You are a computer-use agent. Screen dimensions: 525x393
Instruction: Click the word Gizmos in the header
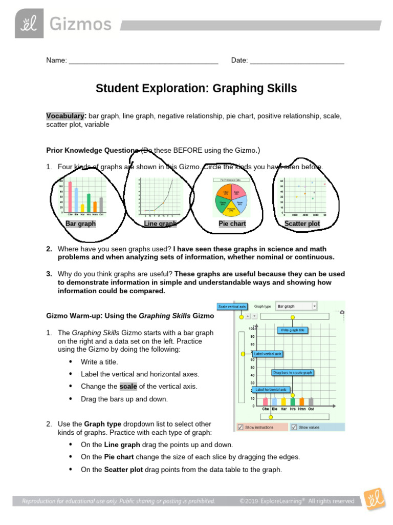point(80,24)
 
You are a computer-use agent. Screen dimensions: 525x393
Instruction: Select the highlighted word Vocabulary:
point(67,116)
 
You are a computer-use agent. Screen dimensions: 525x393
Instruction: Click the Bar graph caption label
point(80,224)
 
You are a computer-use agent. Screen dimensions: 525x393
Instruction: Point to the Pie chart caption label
point(232,224)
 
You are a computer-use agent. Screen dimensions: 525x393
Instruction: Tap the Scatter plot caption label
point(302,224)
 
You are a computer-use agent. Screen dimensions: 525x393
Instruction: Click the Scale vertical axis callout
point(233,307)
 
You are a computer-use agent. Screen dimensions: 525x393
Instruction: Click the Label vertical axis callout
point(268,354)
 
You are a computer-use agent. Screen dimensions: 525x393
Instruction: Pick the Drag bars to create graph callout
point(292,372)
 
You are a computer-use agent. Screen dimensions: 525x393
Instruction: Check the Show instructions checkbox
point(241,427)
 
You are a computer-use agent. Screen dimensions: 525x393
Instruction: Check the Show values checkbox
point(294,427)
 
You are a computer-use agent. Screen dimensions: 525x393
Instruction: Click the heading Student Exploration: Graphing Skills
point(196,89)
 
